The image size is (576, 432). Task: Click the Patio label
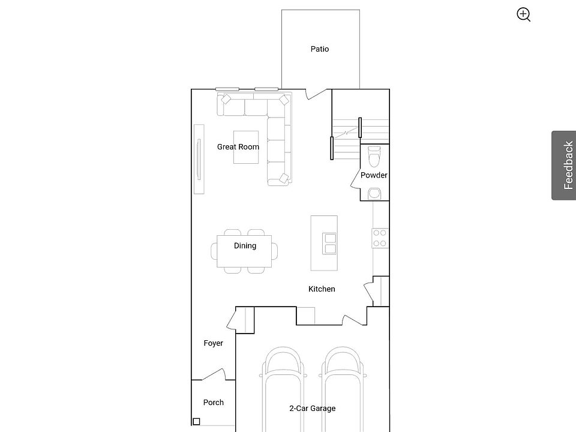coord(320,49)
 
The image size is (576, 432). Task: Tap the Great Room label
coord(238,146)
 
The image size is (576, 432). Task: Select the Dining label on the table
coord(245,246)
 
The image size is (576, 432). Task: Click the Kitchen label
coord(322,289)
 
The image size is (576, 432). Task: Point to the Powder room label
coord(374,175)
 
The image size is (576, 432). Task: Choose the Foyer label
coord(214,343)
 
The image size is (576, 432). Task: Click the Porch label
coord(214,402)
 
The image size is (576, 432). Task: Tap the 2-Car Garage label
coord(312,408)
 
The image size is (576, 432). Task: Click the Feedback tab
coord(563,166)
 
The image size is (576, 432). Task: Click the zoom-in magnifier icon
coord(523,14)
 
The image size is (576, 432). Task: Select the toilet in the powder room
coord(374,156)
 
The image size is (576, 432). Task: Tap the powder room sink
coord(374,193)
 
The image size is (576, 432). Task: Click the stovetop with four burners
coord(380,238)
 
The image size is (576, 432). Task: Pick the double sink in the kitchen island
coord(330,244)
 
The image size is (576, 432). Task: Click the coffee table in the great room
coord(246,147)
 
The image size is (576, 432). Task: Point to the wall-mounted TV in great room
coord(199,159)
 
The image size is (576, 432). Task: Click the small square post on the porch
coord(197,421)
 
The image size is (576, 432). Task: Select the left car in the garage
coord(283,389)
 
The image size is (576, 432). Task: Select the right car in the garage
coord(343,389)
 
